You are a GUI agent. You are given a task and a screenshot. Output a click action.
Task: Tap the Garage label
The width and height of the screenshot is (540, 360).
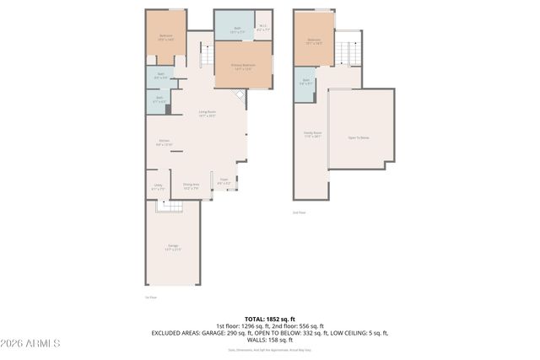click(x=172, y=248)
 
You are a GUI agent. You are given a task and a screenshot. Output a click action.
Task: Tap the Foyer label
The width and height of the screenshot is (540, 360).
click(x=224, y=180)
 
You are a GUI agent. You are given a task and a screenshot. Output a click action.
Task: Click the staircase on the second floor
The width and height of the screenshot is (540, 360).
click(x=348, y=51)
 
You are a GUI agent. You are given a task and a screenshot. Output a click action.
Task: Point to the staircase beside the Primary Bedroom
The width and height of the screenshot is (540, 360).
click(x=203, y=56)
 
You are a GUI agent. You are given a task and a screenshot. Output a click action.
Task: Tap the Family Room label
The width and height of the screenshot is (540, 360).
click(x=313, y=133)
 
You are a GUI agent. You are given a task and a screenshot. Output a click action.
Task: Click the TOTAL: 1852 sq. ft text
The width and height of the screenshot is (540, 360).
click(x=269, y=319)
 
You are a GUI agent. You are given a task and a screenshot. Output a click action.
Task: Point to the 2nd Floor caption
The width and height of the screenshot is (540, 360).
click(x=299, y=212)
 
